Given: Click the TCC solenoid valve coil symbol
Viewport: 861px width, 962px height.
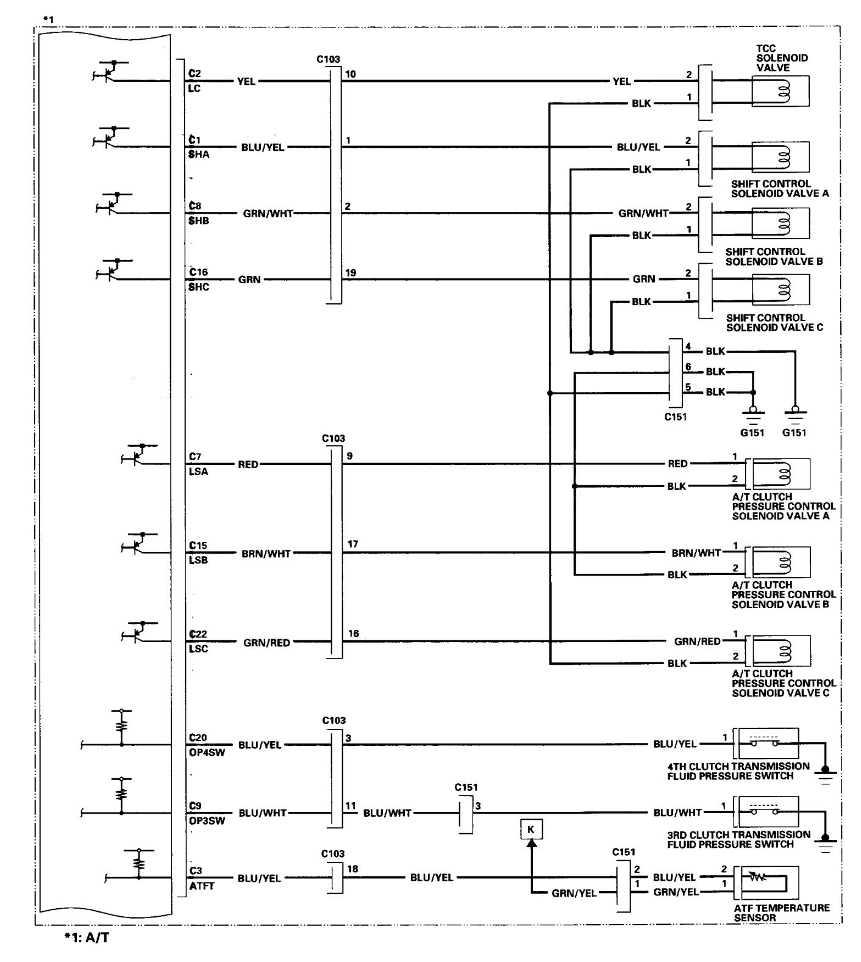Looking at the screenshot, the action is pyautogui.click(x=781, y=92).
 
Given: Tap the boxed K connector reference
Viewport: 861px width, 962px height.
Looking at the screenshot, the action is pyautogui.click(x=531, y=830).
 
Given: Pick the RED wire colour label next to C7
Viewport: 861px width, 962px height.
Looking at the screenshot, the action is pyautogui.click(x=248, y=465).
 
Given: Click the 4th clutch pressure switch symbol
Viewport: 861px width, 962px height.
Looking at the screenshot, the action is pyautogui.click(x=767, y=743).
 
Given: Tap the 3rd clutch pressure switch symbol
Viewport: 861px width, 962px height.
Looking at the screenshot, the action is pyautogui.click(x=767, y=812).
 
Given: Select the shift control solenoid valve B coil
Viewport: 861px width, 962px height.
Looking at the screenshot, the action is pyautogui.click(x=781, y=223).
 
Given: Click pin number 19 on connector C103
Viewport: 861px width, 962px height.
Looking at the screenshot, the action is pyautogui.click(x=351, y=273).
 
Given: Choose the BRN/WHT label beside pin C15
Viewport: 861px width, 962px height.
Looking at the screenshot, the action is pyautogui.click(x=266, y=554).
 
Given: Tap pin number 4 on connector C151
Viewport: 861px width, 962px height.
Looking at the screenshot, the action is pyautogui.click(x=688, y=347).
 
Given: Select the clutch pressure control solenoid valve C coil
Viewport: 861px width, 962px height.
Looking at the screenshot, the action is pyautogui.click(x=782, y=651).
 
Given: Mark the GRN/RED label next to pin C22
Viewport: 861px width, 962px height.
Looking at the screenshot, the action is pyautogui.click(x=267, y=642).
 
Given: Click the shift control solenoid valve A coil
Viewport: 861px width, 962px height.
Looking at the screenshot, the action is pyautogui.click(x=781, y=157).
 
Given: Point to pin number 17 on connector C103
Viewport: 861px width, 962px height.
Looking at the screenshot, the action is pyautogui.click(x=353, y=544).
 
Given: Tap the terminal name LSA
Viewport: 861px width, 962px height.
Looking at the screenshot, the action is pyautogui.click(x=199, y=472).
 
